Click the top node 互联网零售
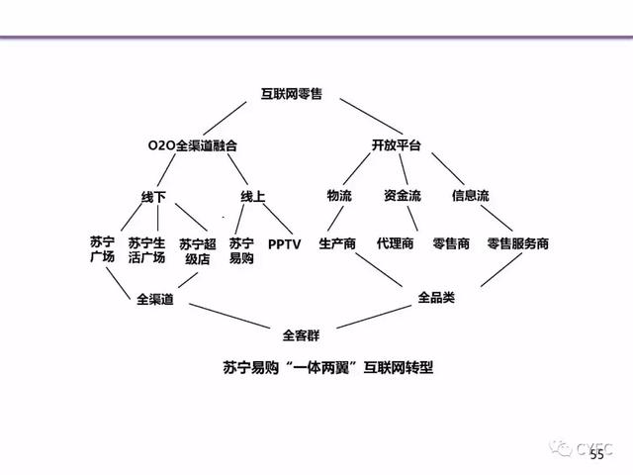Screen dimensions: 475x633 [303, 96]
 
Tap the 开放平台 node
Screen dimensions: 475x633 [397, 145]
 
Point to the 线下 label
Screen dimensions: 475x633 [154, 196]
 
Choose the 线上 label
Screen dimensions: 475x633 [253, 196]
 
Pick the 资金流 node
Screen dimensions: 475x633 [401, 196]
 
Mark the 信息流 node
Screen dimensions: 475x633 [470, 196]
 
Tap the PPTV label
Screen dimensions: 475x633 [285, 243]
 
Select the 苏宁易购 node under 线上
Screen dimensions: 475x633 [241, 249]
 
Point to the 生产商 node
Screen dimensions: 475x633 [337, 243]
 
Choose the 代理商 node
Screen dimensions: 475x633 [395, 243]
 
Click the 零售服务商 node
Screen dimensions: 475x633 [517, 243]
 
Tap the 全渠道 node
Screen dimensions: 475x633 [155, 299]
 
